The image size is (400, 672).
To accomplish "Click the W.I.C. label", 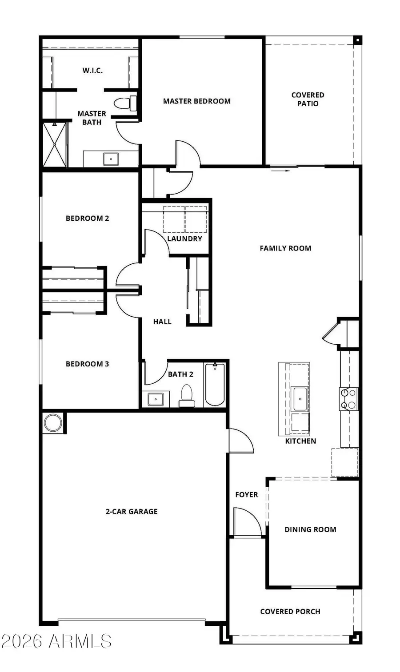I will tap(92, 70).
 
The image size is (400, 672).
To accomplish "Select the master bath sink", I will tap(111, 159).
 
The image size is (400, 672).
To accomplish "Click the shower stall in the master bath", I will tap(55, 144).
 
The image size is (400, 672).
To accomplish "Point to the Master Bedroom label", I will tap(196, 101).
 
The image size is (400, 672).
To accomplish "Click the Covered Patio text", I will tap(308, 99).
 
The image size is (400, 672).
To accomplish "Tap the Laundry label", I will tap(184, 239).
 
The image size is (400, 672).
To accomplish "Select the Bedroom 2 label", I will tap(87, 218).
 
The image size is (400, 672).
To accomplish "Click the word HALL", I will tap(162, 322).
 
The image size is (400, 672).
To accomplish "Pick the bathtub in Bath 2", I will tap(215, 384).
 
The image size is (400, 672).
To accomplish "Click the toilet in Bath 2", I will tap(187, 395).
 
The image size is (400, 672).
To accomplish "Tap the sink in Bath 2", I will tap(156, 399).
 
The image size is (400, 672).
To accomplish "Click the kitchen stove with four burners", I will tap(348, 398).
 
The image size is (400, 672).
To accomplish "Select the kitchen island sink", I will tap(300, 398).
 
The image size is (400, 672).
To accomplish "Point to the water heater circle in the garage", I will tap(52, 423).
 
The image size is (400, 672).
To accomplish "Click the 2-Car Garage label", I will tap(132, 512).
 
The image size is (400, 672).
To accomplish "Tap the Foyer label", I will tap(246, 495).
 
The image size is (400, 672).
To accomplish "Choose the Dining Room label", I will tap(310, 529).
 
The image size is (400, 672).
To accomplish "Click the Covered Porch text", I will tap(290, 612).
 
